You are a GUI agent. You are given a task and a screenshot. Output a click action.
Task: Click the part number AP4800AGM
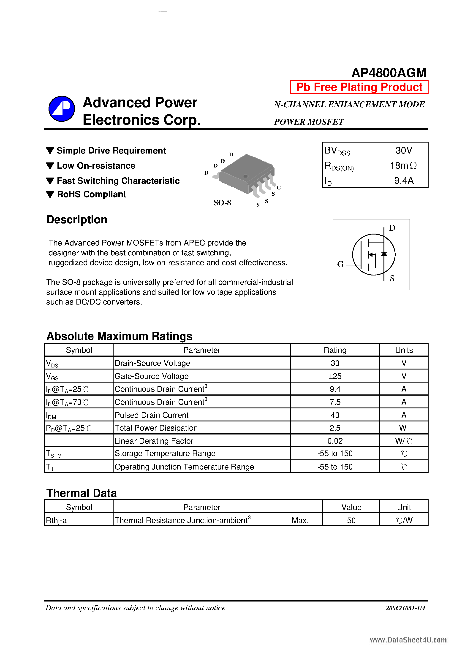(389, 73)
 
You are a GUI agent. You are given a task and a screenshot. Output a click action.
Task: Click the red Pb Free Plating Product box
(359, 87)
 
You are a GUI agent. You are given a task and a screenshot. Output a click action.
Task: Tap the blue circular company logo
(62, 109)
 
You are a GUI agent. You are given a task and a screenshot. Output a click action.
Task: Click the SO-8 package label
(222, 202)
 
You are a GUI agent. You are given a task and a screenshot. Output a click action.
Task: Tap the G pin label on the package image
(279, 188)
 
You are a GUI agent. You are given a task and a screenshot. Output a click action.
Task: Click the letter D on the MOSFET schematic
(392, 228)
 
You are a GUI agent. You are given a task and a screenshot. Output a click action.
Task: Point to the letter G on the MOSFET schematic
(340, 264)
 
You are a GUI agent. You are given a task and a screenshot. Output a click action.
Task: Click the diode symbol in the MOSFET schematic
(384, 254)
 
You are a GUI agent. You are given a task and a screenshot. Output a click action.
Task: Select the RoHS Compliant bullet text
(91, 194)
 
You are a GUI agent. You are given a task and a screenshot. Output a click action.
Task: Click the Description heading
(77, 219)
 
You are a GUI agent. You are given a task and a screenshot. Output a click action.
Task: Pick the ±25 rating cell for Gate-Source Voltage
(335, 376)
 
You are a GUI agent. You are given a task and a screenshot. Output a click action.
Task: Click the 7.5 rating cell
(335, 402)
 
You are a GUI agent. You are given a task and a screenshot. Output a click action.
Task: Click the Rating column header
(335, 350)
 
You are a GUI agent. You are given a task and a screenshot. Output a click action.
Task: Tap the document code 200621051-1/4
(405, 608)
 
